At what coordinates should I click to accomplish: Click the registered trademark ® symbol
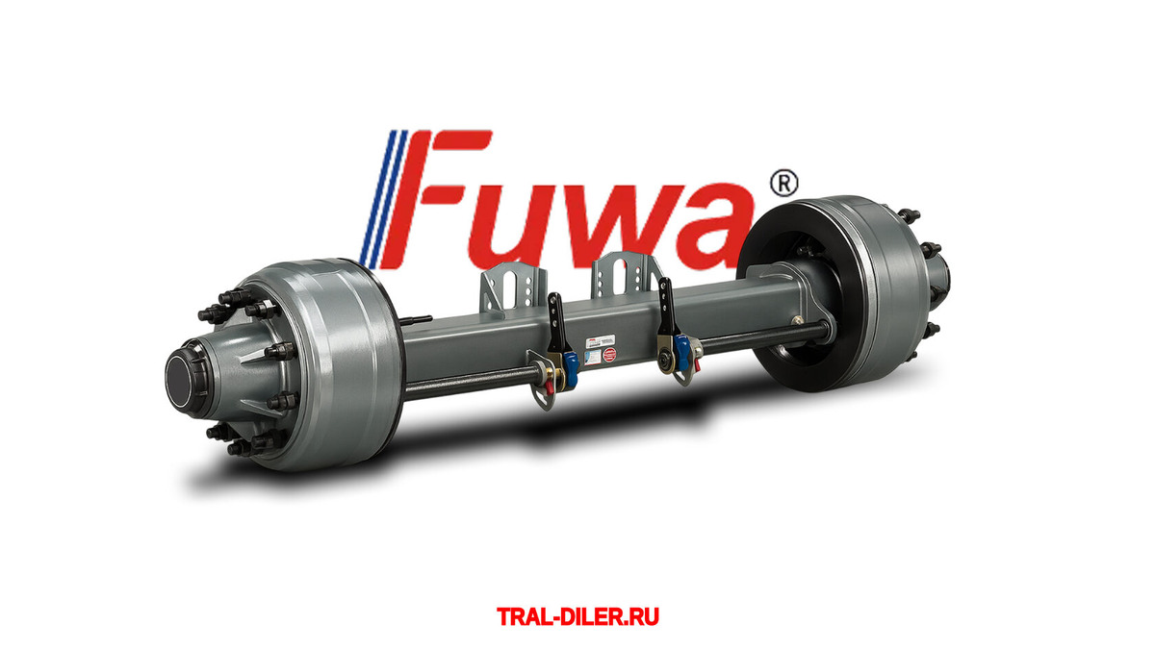click(785, 183)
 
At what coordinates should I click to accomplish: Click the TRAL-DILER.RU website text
click(577, 615)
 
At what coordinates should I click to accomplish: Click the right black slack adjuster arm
click(665, 312)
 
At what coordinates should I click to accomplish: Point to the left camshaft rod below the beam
click(462, 384)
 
